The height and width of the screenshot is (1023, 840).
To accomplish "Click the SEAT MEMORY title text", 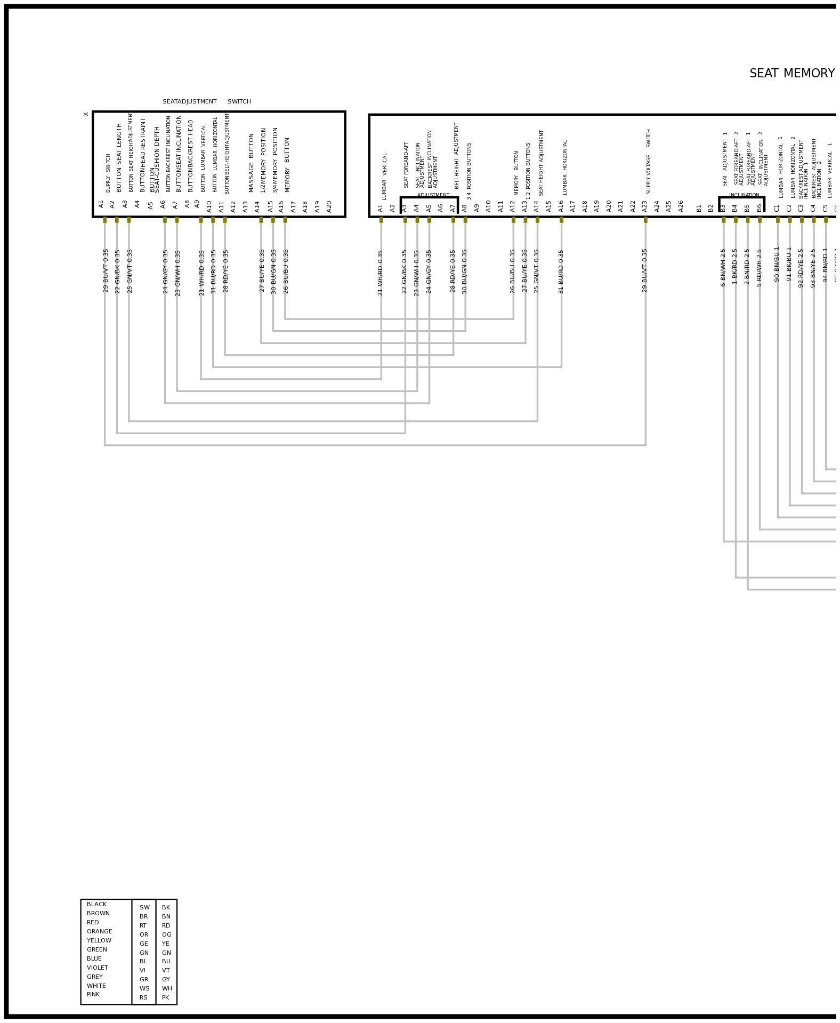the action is pyautogui.click(x=791, y=74).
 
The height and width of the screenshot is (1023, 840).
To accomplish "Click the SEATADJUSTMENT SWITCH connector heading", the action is pyautogui.click(x=206, y=102).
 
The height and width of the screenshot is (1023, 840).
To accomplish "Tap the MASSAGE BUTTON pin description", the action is pyautogui.click(x=252, y=163).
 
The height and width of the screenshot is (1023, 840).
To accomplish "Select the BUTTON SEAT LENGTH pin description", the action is pyautogui.click(x=119, y=157).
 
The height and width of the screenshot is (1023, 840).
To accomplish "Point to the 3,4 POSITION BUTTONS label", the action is pyautogui.click(x=469, y=171).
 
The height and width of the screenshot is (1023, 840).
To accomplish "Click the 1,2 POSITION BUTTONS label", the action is pyautogui.click(x=528, y=171).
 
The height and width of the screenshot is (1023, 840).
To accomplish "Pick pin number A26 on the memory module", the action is pyautogui.click(x=681, y=206).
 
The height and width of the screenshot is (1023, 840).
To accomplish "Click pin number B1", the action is pyautogui.click(x=699, y=208).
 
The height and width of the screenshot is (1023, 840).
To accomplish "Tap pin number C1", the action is pyautogui.click(x=777, y=208).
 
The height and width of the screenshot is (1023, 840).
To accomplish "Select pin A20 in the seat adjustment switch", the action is pyautogui.click(x=329, y=206).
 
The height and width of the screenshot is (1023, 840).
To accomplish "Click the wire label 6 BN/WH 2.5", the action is pyautogui.click(x=723, y=268).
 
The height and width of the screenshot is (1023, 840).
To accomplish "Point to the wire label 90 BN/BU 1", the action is pyautogui.click(x=777, y=264).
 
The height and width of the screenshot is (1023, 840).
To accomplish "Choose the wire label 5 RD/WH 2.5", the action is pyautogui.click(x=760, y=268).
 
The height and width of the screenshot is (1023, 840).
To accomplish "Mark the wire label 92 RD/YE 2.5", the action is pyautogui.click(x=801, y=268).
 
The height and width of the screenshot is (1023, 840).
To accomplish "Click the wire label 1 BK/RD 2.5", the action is pyautogui.click(x=735, y=266).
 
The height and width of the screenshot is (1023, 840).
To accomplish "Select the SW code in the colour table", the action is pyautogui.click(x=144, y=907).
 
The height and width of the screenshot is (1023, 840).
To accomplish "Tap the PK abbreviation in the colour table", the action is pyautogui.click(x=165, y=997).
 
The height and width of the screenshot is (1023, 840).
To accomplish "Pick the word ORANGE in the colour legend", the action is pyautogui.click(x=99, y=931).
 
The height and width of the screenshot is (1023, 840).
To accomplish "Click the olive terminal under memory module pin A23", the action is pyautogui.click(x=645, y=220).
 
